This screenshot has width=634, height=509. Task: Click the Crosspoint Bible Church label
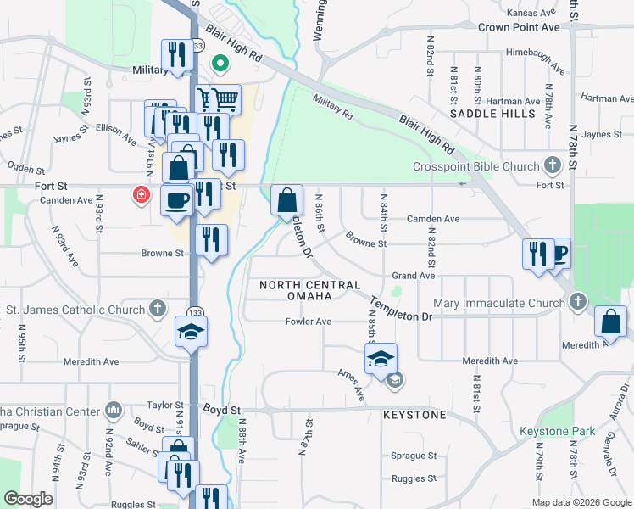pos(475,166)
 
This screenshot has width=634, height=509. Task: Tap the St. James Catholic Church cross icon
pos(157,310)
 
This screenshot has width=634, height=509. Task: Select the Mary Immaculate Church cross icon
pos(577,302)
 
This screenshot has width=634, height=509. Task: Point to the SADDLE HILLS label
pos(492,113)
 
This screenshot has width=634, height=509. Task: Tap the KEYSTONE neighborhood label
pos(414,415)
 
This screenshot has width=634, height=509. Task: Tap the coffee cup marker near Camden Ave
pos(176,201)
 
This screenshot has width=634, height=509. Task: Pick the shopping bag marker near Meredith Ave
pos(610,322)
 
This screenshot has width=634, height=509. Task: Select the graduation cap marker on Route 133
pos(192,332)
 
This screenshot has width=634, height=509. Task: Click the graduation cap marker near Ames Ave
pos(381,358)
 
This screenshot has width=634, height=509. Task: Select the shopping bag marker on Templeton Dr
pos(287,201)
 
